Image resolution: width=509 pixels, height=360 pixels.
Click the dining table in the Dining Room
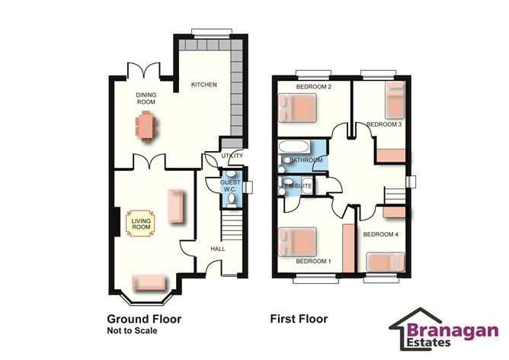[x=146, y=125]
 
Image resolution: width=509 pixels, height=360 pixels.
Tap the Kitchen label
[x=204, y=85]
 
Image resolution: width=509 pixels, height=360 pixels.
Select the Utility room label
[x=232, y=156]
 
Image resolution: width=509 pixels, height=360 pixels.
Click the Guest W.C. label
[x=230, y=185]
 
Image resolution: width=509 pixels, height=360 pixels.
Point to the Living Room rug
[x=140, y=223]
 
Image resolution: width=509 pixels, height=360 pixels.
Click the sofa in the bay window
[x=149, y=283]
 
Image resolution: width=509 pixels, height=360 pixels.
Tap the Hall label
[x=218, y=249]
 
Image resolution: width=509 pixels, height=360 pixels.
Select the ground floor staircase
[x=232, y=225]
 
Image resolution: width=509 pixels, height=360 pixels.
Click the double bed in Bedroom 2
[x=297, y=108]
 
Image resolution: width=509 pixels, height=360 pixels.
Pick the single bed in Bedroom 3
[x=395, y=100]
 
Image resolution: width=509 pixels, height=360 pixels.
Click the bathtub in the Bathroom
[x=294, y=146]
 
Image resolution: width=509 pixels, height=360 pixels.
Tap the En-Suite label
[x=299, y=186]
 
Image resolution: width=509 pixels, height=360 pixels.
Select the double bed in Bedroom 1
[x=297, y=242]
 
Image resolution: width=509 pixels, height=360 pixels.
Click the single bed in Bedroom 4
[x=386, y=262]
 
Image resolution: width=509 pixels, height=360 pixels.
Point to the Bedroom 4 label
[x=380, y=234]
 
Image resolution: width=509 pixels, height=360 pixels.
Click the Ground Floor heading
[x=144, y=319]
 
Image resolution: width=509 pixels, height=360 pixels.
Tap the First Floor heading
[x=299, y=319]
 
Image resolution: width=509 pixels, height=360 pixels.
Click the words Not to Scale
[x=132, y=331]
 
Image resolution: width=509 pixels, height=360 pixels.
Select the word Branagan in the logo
[x=453, y=331]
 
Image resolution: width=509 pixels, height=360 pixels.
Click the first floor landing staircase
[x=395, y=195]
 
